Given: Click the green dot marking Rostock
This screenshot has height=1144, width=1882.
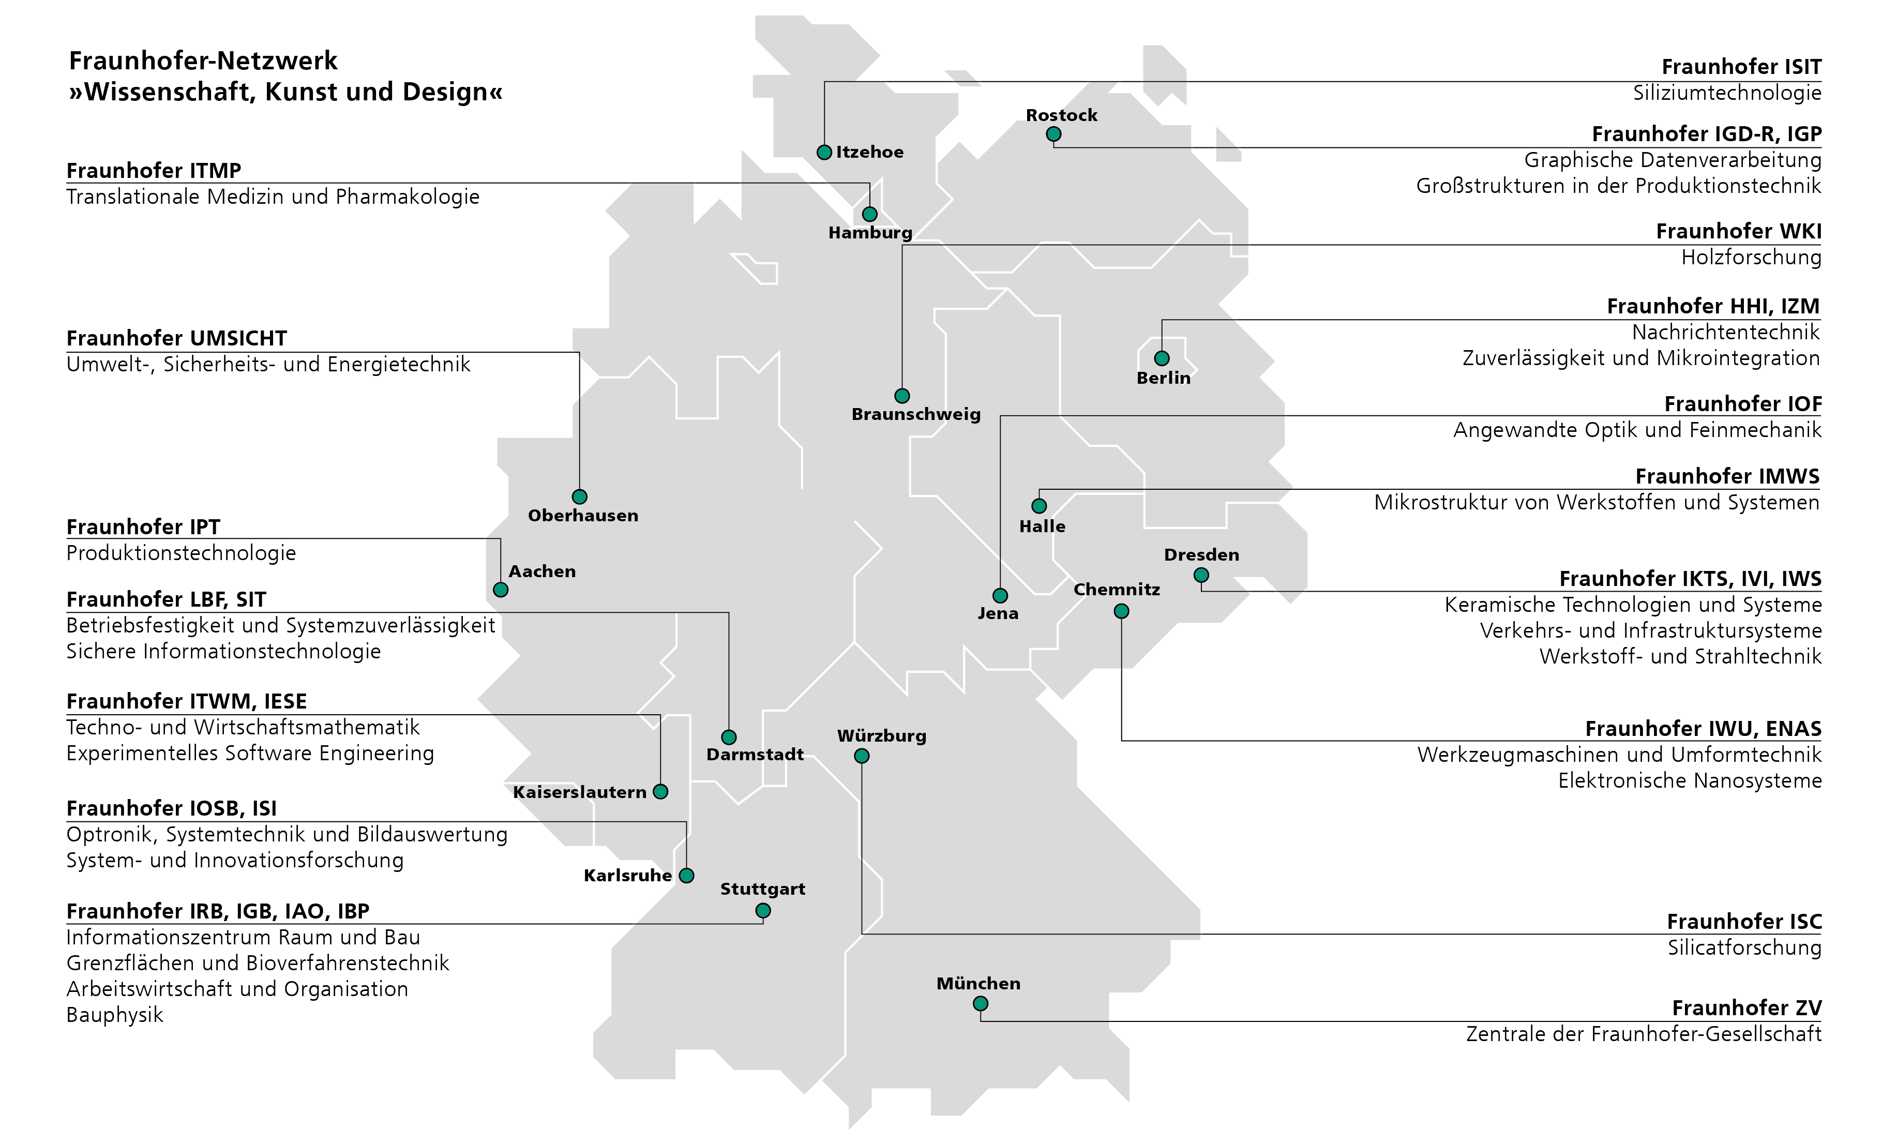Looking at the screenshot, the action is pyautogui.click(x=1053, y=134).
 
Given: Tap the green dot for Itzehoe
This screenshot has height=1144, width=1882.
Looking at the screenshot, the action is pyautogui.click(x=824, y=152).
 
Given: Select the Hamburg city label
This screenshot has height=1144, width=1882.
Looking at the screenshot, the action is pyautogui.click(x=870, y=232).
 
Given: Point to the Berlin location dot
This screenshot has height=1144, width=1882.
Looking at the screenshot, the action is pyautogui.click(x=1162, y=358).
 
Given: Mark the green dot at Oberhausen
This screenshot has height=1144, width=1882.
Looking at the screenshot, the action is pyautogui.click(x=580, y=496).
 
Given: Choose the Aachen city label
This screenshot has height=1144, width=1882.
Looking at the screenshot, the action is pyautogui.click(x=543, y=571).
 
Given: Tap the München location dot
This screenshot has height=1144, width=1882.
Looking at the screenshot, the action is pyautogui.click(x=981, y=1003).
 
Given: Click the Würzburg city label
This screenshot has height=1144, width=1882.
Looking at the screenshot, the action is pyautogui.click(x=881, y=736).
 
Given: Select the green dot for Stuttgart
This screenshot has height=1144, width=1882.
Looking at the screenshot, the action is pyautogui.click(x=763, y=910).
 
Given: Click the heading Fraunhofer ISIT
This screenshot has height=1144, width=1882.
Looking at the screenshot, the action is pyautogui.click(x=1741, y=67).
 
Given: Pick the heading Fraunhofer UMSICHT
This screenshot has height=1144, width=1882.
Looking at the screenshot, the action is pyautogui.click(x=176, y=338).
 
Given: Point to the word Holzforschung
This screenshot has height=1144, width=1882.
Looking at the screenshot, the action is pyautogui.click(x=1751, y=258).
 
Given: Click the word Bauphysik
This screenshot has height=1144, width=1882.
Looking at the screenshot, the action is pyautogui.click(x=115, y=1015).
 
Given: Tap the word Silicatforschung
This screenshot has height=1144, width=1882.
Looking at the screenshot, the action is pyautogui.click(x=1744, y=948).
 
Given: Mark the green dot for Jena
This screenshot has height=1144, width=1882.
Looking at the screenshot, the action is pyautogui.click(x=1000, y=595).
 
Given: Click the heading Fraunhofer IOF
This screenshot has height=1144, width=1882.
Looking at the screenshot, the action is pyautogui.click(x=1743, y=404).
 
